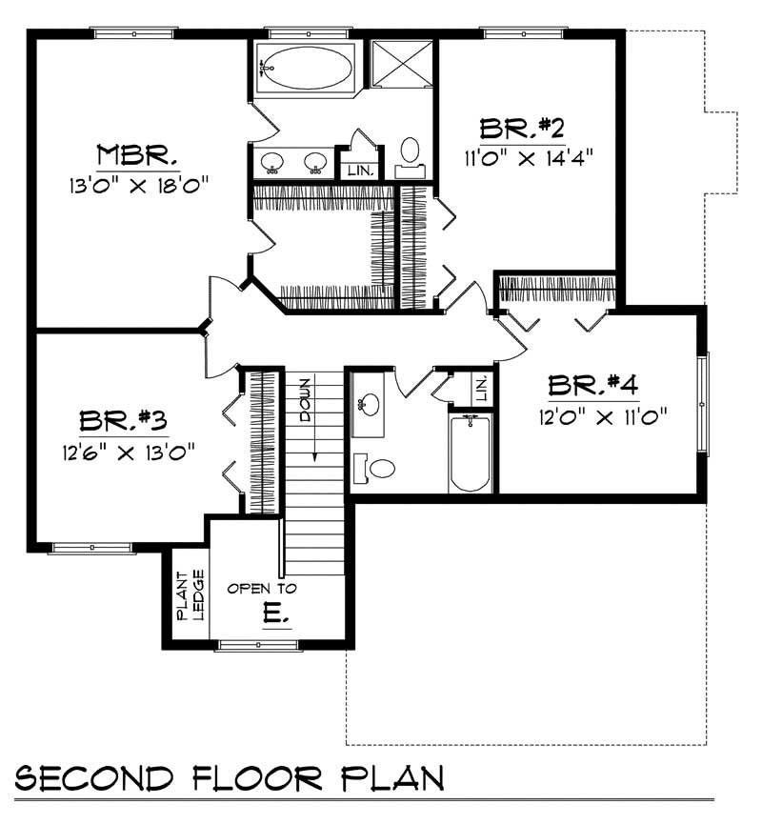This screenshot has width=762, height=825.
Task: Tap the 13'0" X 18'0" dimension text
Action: coord(138,181)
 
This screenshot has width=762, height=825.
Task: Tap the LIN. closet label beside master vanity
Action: coord(360,171)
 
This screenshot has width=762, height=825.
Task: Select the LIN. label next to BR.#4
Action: coord(481,387)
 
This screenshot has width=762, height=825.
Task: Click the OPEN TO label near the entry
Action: coord(262,589)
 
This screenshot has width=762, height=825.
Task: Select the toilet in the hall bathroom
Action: coord(376,467)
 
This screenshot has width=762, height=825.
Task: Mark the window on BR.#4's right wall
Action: coord(703,404)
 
